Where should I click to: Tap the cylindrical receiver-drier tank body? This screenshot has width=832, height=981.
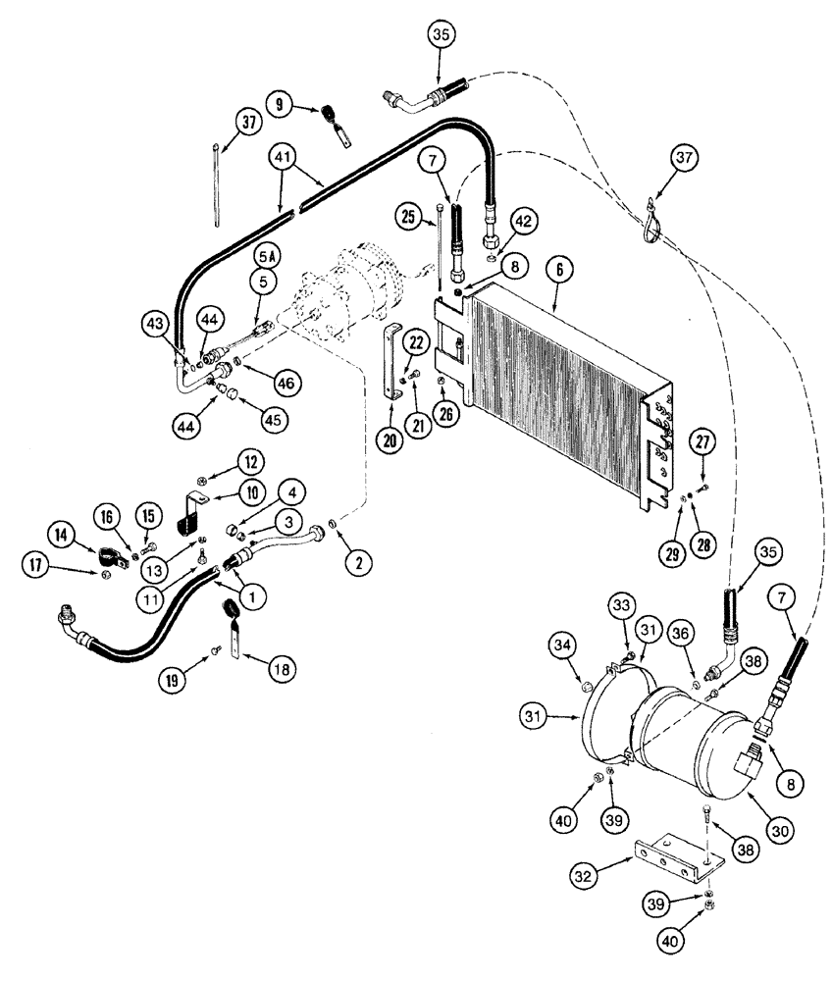(687, 755)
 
